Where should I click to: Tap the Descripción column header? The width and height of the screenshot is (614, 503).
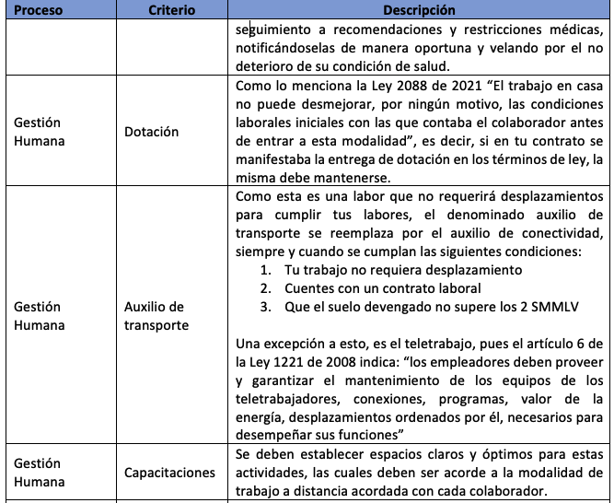tap(419, 10)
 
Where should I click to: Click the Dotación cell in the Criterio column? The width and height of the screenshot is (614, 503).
tap(152, 132)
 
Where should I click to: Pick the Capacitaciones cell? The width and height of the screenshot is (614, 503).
tap(169, 473)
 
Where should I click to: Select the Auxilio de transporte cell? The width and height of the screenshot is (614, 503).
tap(155, 315)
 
